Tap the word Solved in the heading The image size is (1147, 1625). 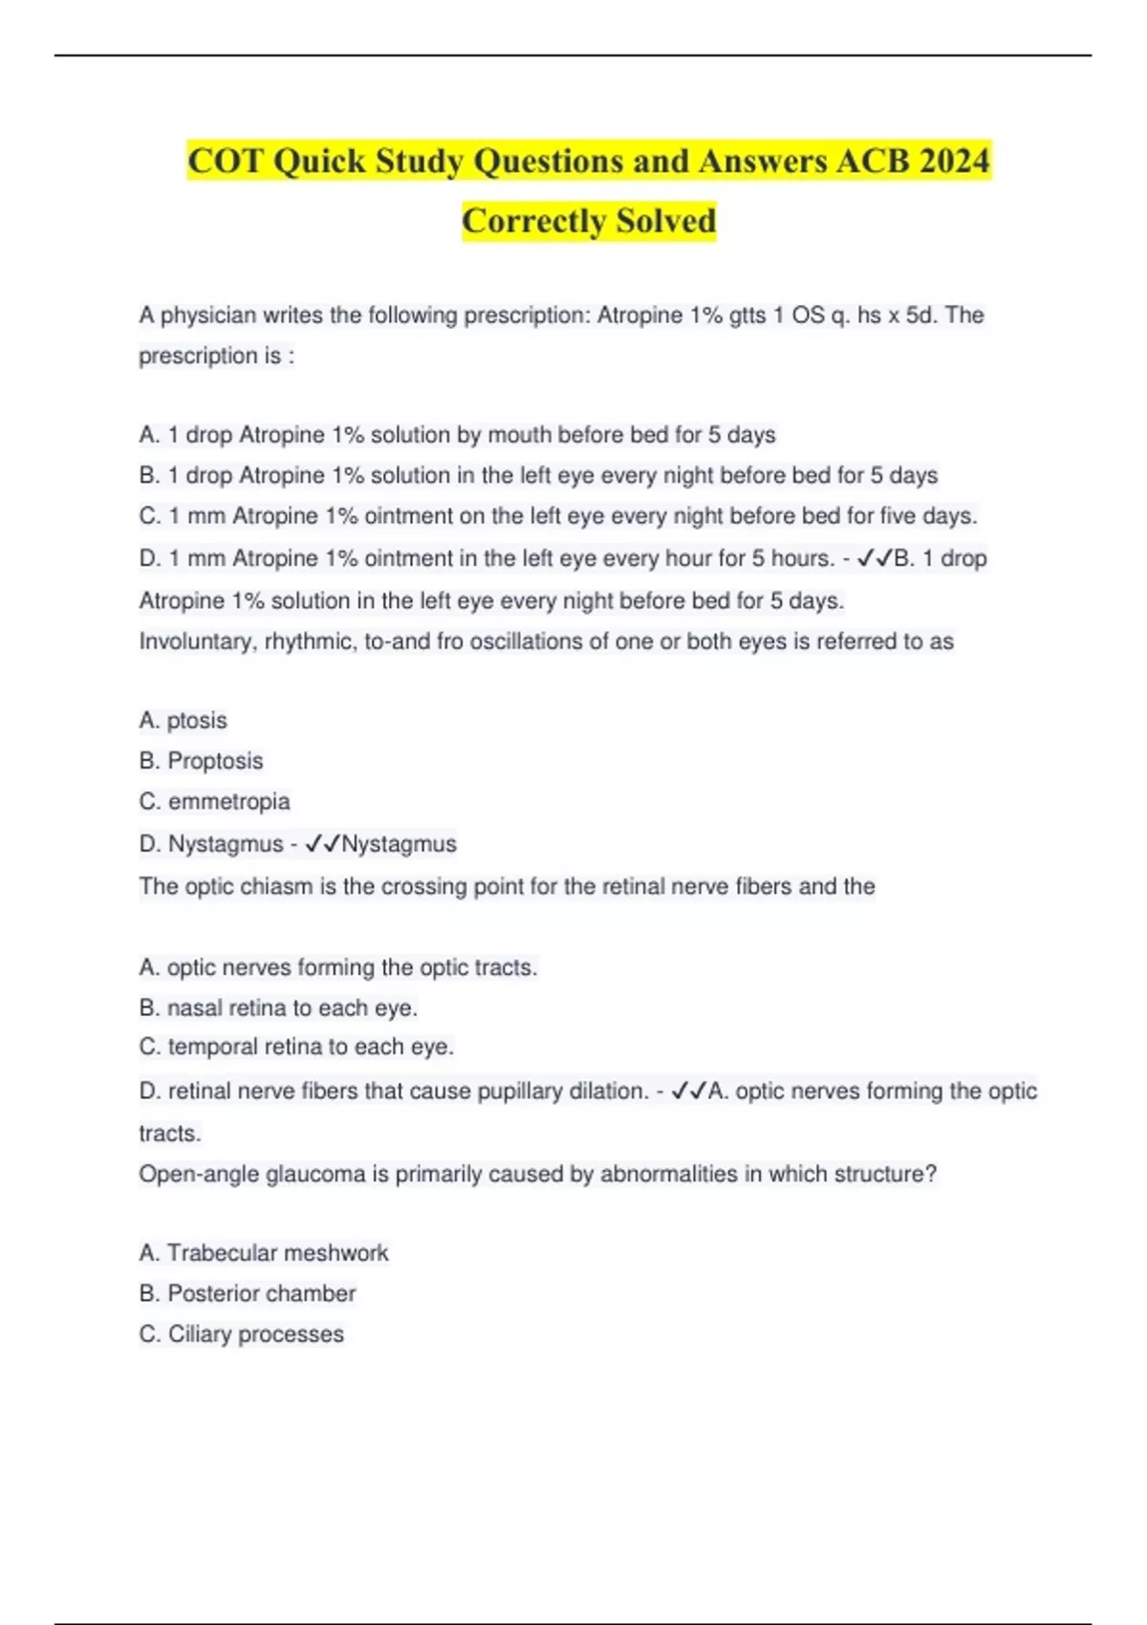coord(665,221)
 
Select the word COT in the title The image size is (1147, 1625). coord(225,161)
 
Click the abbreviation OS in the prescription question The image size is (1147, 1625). coord(808,314)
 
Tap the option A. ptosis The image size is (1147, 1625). coord(184,720)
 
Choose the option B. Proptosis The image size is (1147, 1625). coord(201,761)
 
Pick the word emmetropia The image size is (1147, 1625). coord(228,801)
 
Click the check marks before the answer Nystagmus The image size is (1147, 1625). coord(322,844)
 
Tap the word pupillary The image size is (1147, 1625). coord(518,1091)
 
